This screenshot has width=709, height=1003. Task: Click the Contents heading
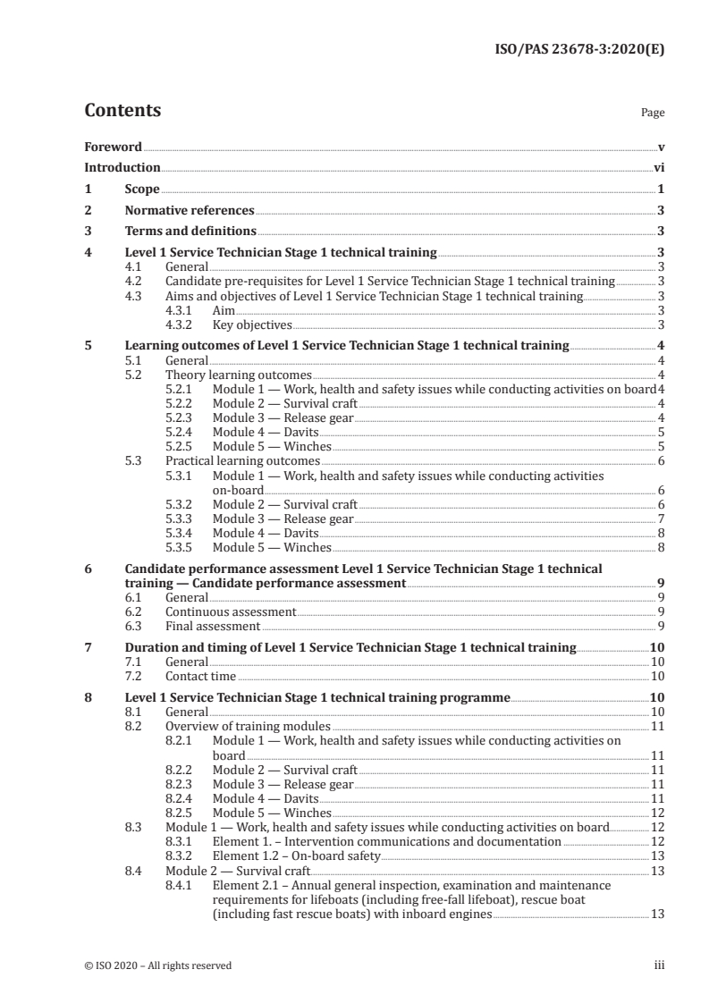pyautogui.click(x=122, y=111)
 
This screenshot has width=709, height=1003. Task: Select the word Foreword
pyautogui.click(x=113, y=146)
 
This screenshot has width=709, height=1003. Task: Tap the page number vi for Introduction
pyautogui.click(x=659, y=167)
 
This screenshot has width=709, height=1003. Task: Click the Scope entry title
pyautogui.click(x=141, y=190)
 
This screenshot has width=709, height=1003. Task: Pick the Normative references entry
pyautogui.click(x=190, y=211)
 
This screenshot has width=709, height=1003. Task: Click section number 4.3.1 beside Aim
pyautogui.click(x=182, y=310)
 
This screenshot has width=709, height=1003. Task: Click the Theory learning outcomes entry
pyautogui.click(x=239, y=375)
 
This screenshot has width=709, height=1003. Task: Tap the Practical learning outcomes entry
pyautogui.click(x=242, y=461)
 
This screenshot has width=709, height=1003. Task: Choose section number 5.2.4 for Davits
pyautogui.click(x=182, y=433)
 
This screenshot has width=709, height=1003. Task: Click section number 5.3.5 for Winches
pyautogui.click(x=182, y=548)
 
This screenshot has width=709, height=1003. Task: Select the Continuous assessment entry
pyautogui.click(x=231, y=612)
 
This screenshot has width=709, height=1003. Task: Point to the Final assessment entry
pyautogui.click(x=213, y=627)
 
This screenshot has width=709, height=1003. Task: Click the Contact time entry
pyautogui.click(x=201, y=677)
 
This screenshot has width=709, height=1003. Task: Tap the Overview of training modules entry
pyautogui.click(x=248, y=727)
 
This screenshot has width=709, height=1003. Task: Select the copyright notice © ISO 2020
pyautogui.click(x=157, y=965)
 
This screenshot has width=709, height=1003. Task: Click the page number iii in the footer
pyautogui.click(x=659, y=965)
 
